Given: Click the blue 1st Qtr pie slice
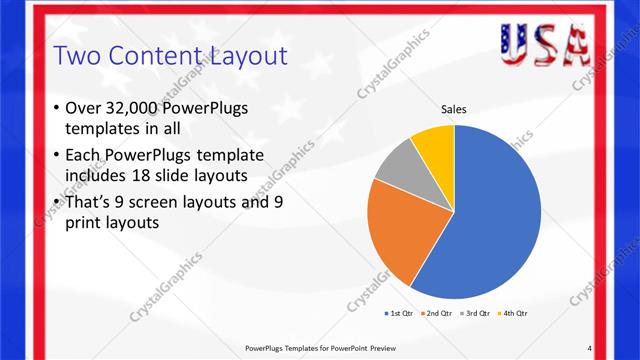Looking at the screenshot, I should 490,220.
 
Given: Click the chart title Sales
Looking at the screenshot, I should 454,110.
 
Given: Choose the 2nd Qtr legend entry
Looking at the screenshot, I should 439,313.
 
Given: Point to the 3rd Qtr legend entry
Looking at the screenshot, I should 476,313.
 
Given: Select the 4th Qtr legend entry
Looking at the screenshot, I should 513,313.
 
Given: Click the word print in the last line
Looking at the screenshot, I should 85,223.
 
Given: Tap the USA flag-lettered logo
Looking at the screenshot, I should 544,42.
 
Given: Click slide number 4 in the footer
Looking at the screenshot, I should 590,347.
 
